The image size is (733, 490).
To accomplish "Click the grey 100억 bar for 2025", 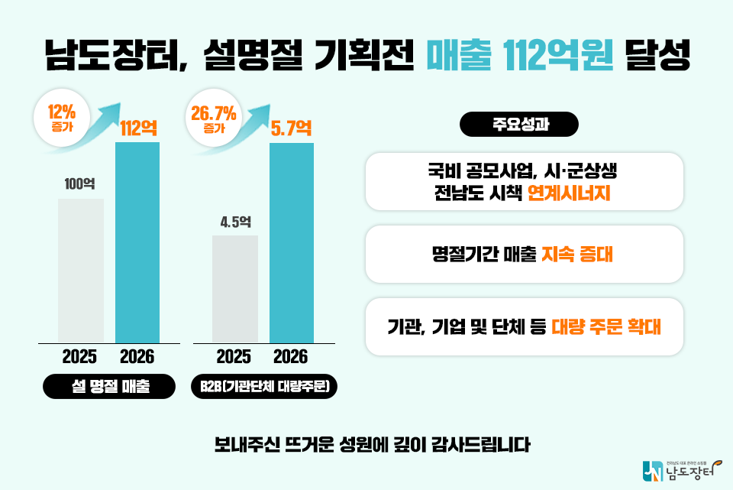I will pos(81,271).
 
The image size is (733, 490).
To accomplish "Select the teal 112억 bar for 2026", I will pos(137,242).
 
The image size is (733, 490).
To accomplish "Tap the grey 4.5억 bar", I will pos(235,289).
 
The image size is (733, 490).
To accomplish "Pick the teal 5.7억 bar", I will pos(292,242).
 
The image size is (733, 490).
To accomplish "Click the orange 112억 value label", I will pos(138,128).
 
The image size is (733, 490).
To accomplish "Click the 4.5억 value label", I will pos(235,222).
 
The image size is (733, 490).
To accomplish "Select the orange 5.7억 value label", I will pos(292,128).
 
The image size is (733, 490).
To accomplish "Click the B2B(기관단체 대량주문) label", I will pos(263,388).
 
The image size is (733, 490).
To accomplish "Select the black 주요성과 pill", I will pos(519,125).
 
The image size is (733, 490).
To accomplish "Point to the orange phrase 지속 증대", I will pos(577,254).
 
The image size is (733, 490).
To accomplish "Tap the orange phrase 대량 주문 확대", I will pos(605,326).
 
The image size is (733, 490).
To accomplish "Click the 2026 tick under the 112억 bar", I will pos(137,356).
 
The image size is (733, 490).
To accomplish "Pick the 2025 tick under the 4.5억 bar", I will pos(234,356).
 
